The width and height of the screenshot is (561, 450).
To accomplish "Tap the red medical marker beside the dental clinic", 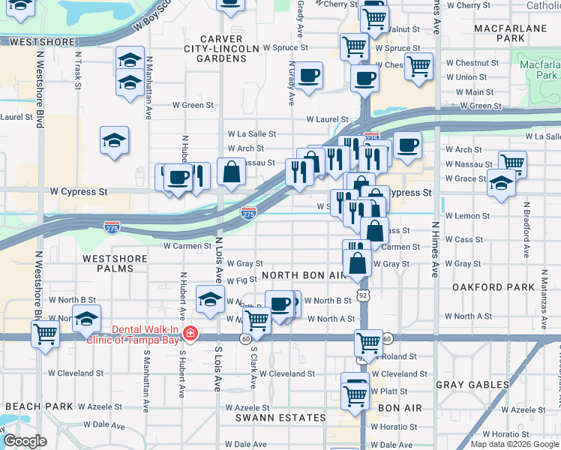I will pyautogui.click(x=191, y=333).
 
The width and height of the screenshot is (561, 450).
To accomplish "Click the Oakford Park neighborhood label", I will pyautogui.click(x=487, y=287).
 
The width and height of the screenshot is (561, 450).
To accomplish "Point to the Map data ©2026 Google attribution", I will pyautogui.click(x=514, y=444).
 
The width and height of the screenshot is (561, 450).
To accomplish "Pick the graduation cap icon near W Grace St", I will pyautogui.click(x=501, y=182).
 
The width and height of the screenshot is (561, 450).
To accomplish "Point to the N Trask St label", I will pyautogui.click(x=77, y=70).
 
